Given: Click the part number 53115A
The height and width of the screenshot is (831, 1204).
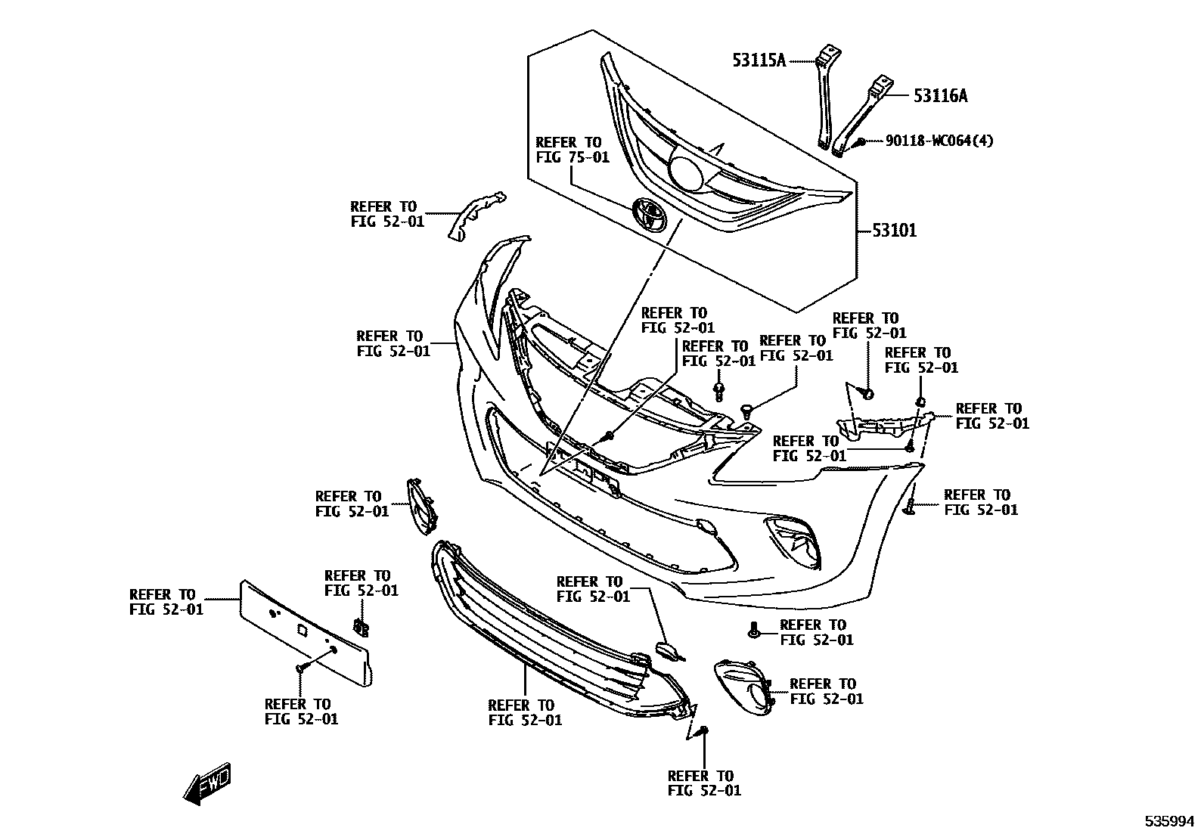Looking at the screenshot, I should (759, 60).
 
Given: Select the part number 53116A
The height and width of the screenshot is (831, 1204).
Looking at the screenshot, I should (940, 96).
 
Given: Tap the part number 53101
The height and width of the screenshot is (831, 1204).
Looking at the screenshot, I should (894, 230).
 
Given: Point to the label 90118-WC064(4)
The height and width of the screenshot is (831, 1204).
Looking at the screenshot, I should (939, 141).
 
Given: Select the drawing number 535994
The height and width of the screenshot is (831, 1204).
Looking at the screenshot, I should (1168, 820).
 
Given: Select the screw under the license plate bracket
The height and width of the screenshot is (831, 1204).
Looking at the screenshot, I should (301, 667).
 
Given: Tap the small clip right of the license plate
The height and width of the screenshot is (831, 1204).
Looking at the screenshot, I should (362, 627).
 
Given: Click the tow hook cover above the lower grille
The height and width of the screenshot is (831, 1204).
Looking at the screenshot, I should (668, 650).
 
